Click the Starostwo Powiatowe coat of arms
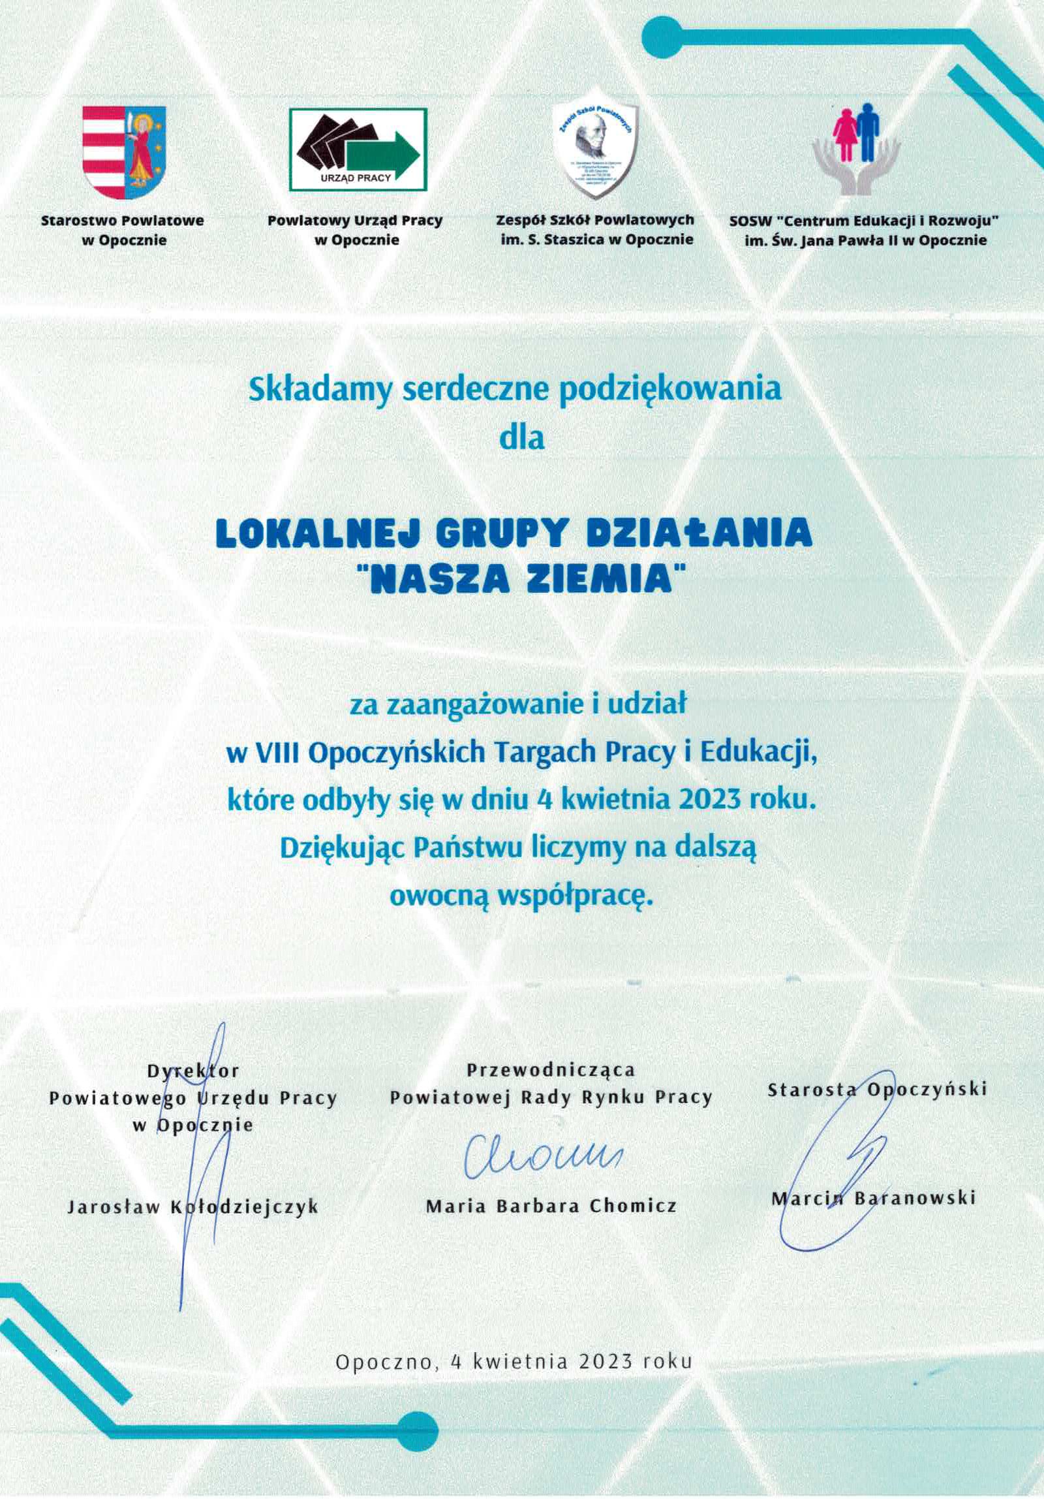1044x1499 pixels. click(124, 152)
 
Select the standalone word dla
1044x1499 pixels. click(521, 437)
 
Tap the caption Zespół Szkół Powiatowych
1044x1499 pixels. click(594, 221)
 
